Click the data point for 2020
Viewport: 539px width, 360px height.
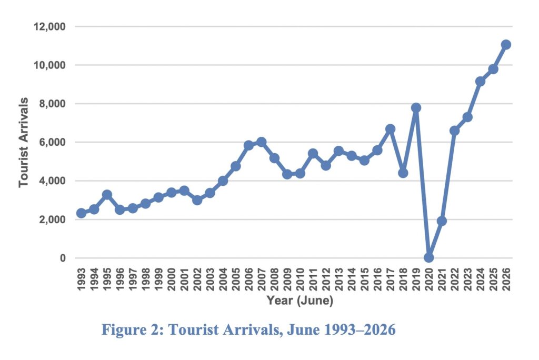coord(428,257)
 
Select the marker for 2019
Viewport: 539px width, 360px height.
coord(416,107)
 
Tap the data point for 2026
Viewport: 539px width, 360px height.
coord(506,44)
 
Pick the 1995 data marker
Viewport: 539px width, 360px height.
coord(107,194)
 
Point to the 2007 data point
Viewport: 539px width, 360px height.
coord(261,142)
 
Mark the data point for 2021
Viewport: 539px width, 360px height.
coord(442,221)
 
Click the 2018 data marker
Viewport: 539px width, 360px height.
coord(403,173)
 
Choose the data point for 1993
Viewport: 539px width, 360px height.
coord(81,213)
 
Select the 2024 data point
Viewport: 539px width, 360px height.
coord(480,82)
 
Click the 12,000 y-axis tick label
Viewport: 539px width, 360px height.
coord(49,26)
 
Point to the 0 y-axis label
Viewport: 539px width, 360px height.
coord(63,258)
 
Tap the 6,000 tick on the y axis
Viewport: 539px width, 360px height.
coord(52,142)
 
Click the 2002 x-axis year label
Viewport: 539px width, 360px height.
coord(197,279)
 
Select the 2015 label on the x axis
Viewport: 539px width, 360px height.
coord(364,279)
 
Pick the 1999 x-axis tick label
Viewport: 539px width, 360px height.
coord(158,279)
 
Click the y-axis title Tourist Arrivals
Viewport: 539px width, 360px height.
coord(23,142)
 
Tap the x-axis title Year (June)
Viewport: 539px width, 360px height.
coord(300,300)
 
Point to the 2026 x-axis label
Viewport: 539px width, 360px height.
coord(506,279)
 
